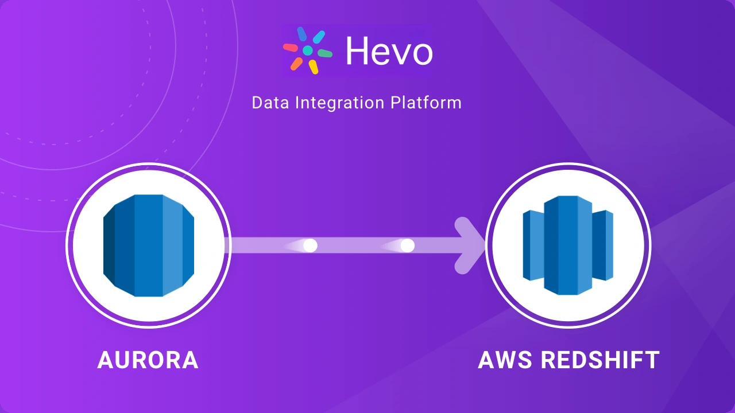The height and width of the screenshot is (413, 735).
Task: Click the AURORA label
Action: point(148,360)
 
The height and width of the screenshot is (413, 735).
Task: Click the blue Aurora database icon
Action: point(149,246)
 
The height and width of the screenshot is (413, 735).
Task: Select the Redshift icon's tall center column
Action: point(568,246)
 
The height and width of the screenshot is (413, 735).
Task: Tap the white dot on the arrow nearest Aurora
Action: point(310,246)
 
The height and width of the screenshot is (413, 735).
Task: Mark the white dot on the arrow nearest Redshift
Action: point(407,246)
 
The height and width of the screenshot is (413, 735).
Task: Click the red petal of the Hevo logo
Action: point(291,48)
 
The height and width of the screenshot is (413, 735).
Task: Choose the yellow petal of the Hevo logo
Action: point(313,67)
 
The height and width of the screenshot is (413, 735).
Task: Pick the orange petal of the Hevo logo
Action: point(296,63)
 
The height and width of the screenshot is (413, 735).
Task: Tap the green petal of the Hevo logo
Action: point(325,53)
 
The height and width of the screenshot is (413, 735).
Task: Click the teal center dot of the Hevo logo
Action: point(308,50)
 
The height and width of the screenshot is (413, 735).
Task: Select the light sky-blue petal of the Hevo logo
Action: point(319,37)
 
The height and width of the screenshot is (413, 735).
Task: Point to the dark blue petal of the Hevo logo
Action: point(302,34)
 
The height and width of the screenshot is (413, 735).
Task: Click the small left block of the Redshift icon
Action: point(532,246)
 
